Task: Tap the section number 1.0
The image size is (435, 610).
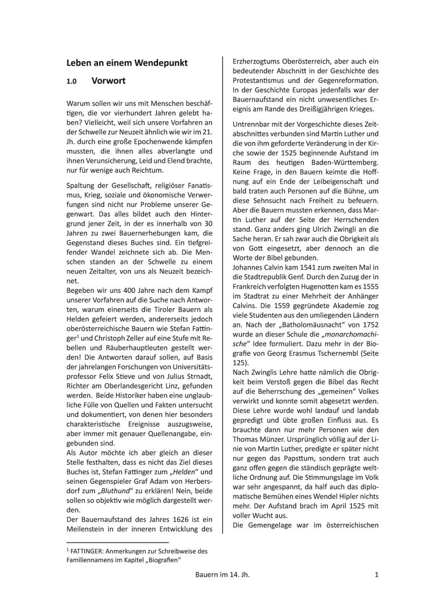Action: pyautogui.click(x=71, y=82)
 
